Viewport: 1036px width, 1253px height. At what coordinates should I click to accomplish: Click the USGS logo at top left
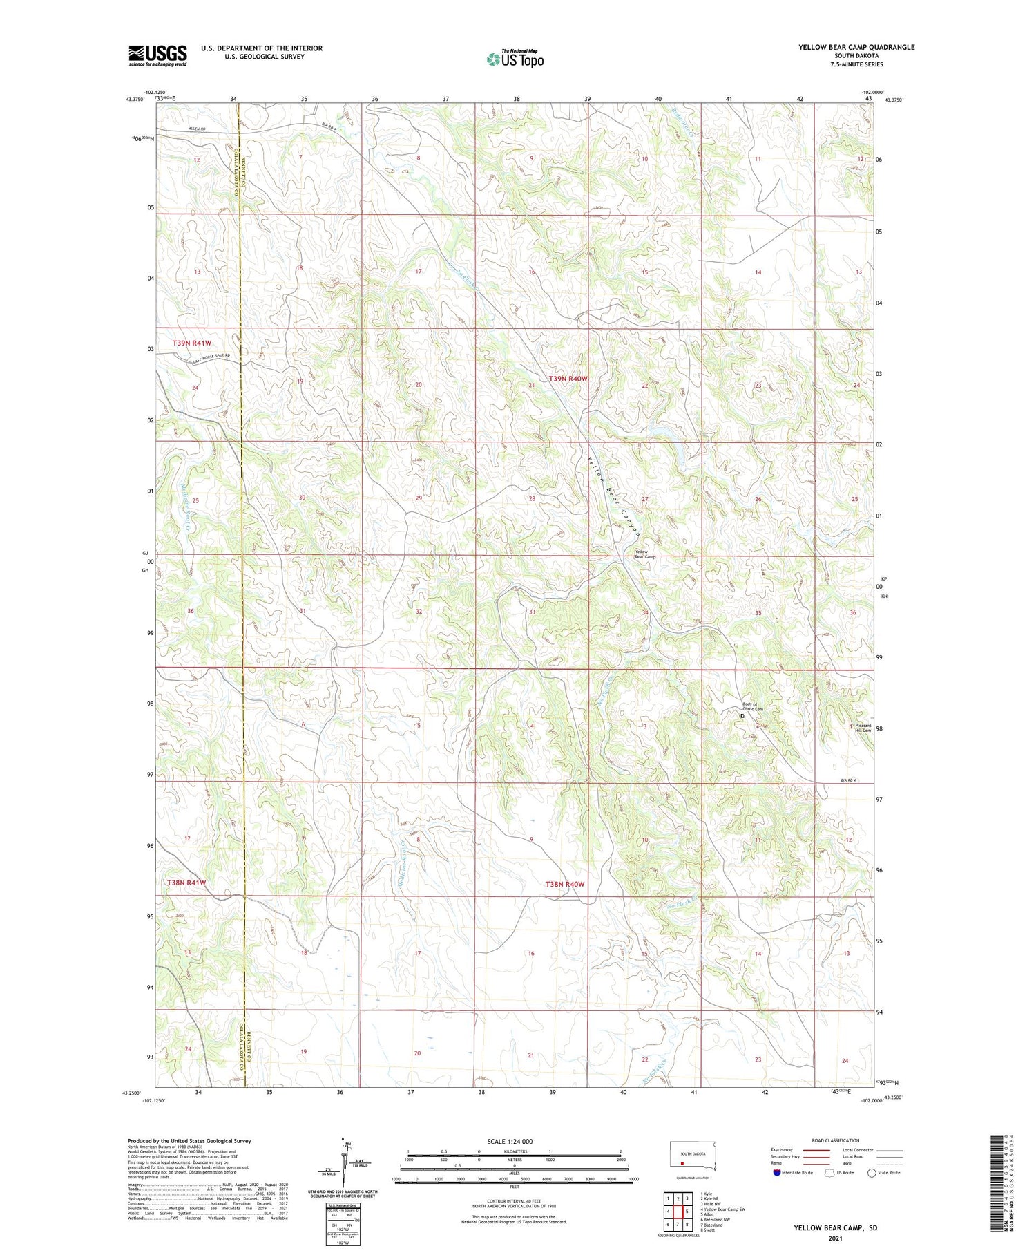coord(157,55)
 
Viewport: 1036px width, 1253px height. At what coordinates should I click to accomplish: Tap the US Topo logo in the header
coord(515,59)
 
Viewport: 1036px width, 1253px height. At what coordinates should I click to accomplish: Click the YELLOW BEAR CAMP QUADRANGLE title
coord(856,47)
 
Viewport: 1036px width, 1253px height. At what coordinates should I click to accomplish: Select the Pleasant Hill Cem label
coord(863,728)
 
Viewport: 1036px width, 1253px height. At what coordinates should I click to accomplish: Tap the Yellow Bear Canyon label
coord(614,494)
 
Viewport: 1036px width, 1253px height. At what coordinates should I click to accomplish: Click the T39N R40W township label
coord(568,379)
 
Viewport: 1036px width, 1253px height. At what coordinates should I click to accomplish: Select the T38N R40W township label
coord(564,884)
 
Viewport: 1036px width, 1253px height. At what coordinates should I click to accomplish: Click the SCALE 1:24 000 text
coord(510,1141)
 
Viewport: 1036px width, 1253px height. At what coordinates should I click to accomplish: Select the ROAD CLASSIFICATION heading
coord(836,1140)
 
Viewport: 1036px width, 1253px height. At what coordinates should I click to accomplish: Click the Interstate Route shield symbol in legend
coord(777,1172)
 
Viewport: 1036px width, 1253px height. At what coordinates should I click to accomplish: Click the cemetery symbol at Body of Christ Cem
coord(742,716)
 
